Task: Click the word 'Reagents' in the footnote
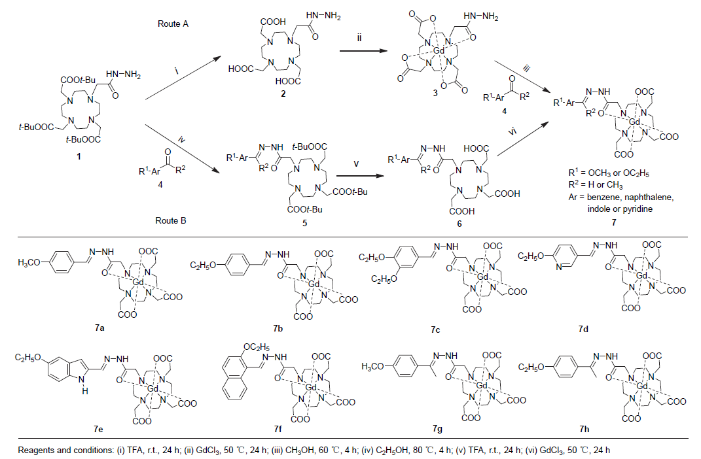coord(35,450)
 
